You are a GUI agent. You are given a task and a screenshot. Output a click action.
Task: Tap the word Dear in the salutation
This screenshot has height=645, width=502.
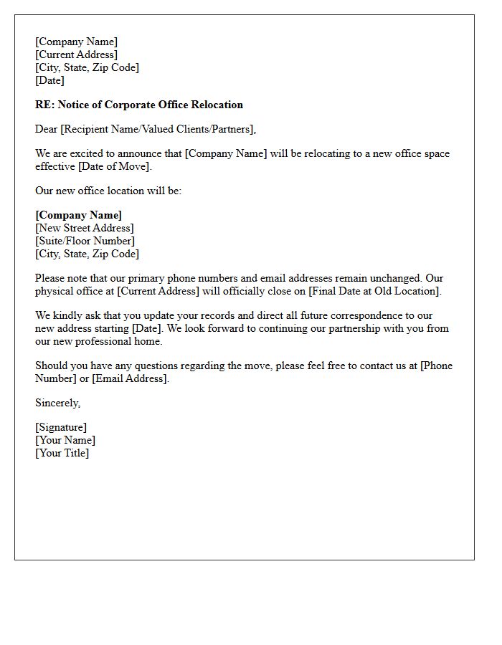[47, 129]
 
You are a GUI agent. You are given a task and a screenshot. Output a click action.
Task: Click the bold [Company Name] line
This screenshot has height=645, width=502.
[79, 215]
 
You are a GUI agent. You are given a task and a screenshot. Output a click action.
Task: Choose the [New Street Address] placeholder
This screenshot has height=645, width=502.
[85, 228]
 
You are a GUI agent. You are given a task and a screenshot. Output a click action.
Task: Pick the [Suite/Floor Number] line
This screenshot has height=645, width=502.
[85, 241]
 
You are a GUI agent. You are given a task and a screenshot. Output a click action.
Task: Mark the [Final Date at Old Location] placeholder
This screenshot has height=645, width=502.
[374, 291]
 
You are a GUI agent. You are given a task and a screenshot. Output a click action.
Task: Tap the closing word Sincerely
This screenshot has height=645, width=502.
[57, 403]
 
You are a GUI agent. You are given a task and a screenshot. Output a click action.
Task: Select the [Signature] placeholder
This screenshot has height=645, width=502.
[61, 427]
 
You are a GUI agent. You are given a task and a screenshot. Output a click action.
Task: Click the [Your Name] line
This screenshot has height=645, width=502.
[65, 440]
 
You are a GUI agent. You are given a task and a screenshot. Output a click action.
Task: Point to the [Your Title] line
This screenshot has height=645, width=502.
[62, 453]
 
